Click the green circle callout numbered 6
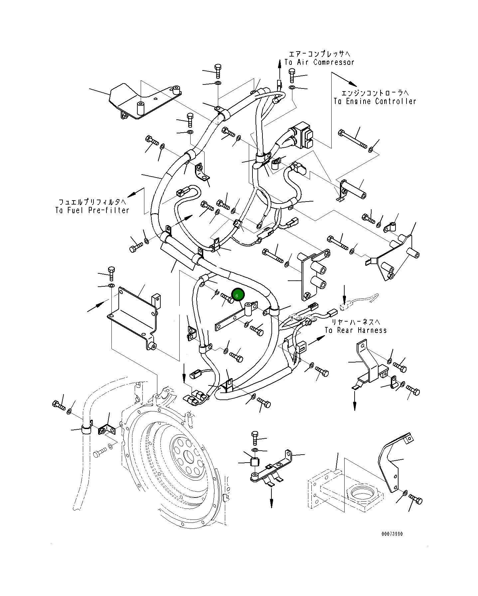238,295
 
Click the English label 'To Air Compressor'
319,62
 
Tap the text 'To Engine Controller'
375,101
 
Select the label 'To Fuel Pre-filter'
92,210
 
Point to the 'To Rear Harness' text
356,330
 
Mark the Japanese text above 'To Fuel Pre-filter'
92,202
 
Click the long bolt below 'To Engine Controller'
353,139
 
